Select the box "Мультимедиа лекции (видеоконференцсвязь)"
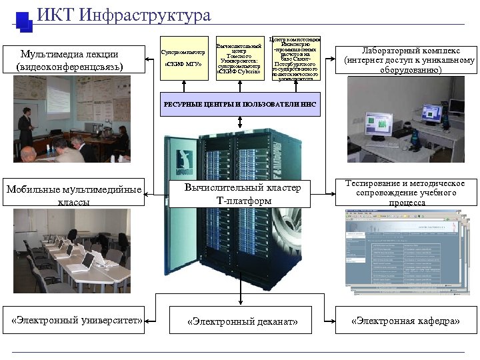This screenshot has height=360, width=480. pyautogui.click(x=70, y=60)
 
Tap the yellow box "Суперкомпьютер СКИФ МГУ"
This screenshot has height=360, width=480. pyautogui.click(x=182, y=57)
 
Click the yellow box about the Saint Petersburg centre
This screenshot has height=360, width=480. pyautogui.click(x=294, y=58)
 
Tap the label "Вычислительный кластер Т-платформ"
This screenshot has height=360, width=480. pyautogui.click(x=239, y=194)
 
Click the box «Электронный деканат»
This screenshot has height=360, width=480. pyautogui.click(x=242, y=322)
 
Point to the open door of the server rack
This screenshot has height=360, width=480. pyautogui.click(x=174, y=200)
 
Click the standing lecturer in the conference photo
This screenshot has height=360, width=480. pyautogui.click(x=25, y=127)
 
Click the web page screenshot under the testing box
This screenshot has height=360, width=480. pyautogui.click(x=403, y=250)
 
